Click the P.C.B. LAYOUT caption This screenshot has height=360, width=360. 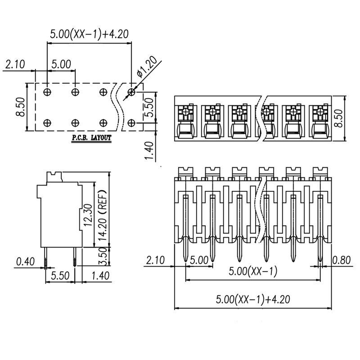tap(91, 138)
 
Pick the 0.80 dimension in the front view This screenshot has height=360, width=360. tap(342, 260)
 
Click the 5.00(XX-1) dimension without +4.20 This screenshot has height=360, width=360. tap(253, 272)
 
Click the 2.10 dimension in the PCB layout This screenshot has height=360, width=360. tap(15, 64)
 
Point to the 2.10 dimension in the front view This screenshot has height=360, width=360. tap(155, 260)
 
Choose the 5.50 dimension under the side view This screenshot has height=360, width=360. tap(59, 276)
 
